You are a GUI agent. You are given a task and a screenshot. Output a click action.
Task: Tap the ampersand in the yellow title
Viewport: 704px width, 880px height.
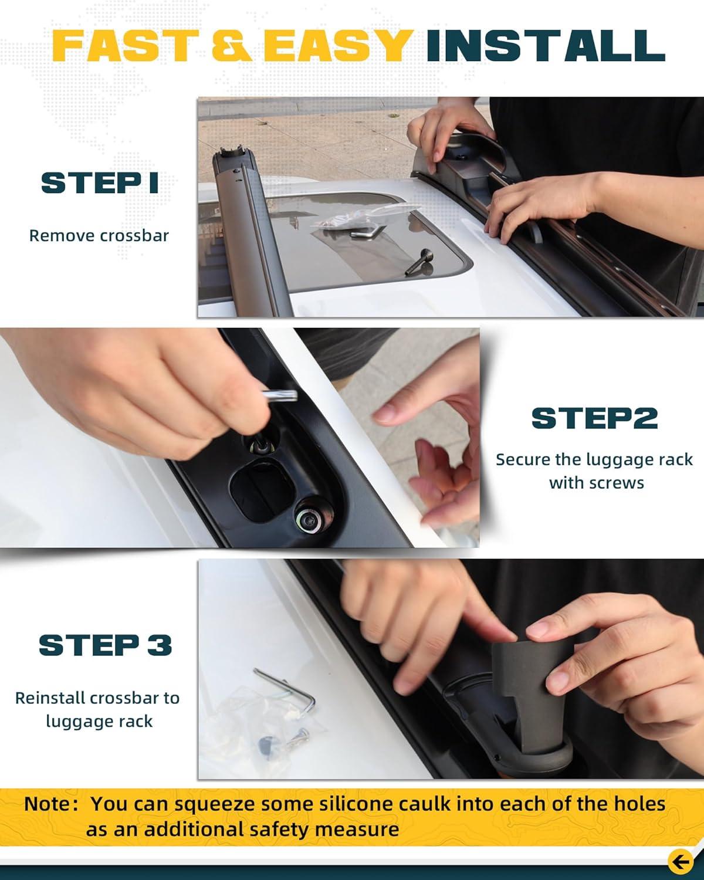coord(232,45)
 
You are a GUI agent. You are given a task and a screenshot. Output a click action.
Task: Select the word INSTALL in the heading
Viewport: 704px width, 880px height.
coord(546,45)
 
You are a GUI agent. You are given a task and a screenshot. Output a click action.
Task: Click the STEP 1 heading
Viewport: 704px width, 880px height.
coord(100,182)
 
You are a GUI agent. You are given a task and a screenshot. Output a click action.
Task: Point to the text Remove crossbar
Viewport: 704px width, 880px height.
coord(99,235)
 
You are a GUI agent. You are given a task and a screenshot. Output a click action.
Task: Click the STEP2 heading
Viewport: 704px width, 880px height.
coord(594,418)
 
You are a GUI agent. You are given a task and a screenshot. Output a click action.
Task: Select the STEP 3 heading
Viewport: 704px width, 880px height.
coord(105,645)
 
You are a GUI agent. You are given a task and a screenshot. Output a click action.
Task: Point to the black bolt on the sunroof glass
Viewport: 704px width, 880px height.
coord(419,262)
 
